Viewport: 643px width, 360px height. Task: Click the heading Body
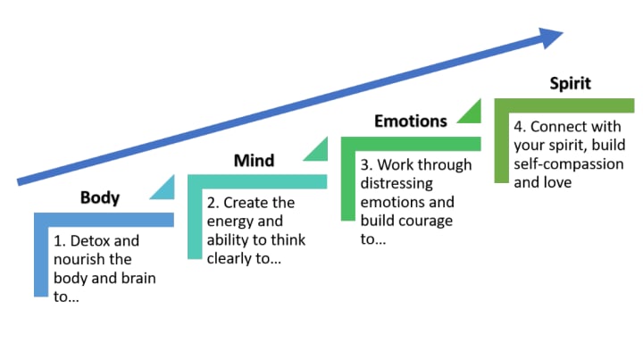point(99,197)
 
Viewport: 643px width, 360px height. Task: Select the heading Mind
point(254,161)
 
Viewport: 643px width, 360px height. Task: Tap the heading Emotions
point(410,121)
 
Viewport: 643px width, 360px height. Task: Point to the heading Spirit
point(570,85)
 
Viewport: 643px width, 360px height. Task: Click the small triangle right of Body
point(163,189)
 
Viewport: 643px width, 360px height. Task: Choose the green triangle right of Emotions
point(470,113)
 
